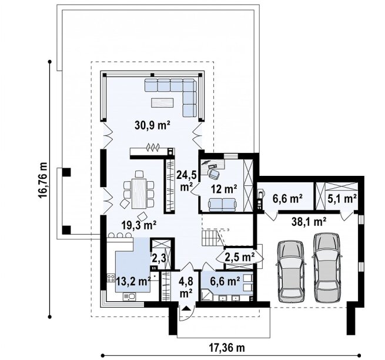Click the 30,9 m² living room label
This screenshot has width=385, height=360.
pyautogui.click(x=152, y=125)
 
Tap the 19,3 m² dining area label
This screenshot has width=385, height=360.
pyautogui.click(x=139, y=225)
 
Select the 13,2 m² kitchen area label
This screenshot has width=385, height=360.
pyautogui.click(x=133, y=281)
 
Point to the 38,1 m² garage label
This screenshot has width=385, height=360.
pyautogui.click(x=309, y=222)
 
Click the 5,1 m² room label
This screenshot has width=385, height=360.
pyautogui.click(x=342, y=198)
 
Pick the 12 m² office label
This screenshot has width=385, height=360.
pyautogui.click(x=224, y=189)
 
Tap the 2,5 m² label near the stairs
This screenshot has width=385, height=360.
pyautogui.click(x=240, y=258)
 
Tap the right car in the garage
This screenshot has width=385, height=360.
pyautogui.click(x=327, y=267)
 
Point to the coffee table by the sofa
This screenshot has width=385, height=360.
pyautogui.click(x=162, y=102)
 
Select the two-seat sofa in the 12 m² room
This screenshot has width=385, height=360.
pyautogui.click(x=222, y=205)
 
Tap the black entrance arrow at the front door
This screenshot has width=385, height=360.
pyautogui.click(x=186, y=308)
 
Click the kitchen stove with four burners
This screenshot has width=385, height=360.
pyautogui.click(x=111, y=278)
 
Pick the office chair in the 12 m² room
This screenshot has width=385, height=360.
pyautogui.click(x=214, y=174)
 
